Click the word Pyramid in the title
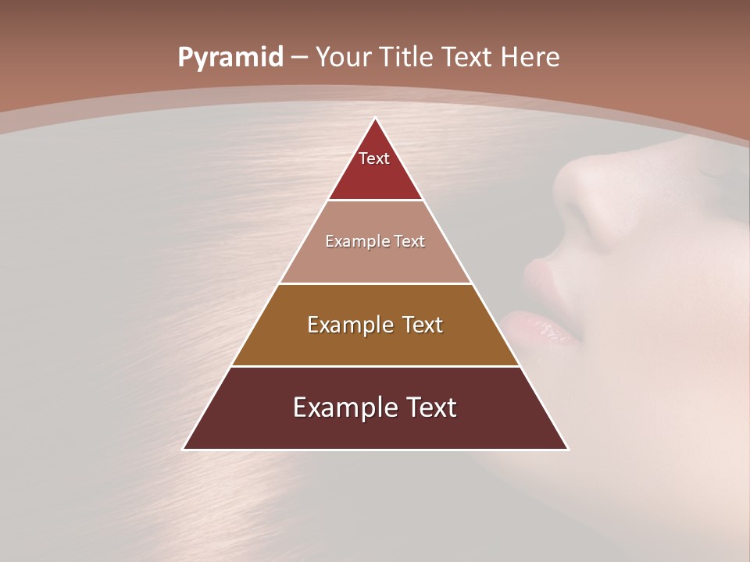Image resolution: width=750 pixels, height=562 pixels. click(230, 58)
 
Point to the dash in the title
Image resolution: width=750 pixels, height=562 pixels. click(299, 58)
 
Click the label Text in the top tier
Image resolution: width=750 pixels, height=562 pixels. click(374, 158)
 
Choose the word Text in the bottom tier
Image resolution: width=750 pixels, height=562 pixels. click(429, 407)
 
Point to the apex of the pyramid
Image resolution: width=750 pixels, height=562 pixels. click(376, 119)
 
